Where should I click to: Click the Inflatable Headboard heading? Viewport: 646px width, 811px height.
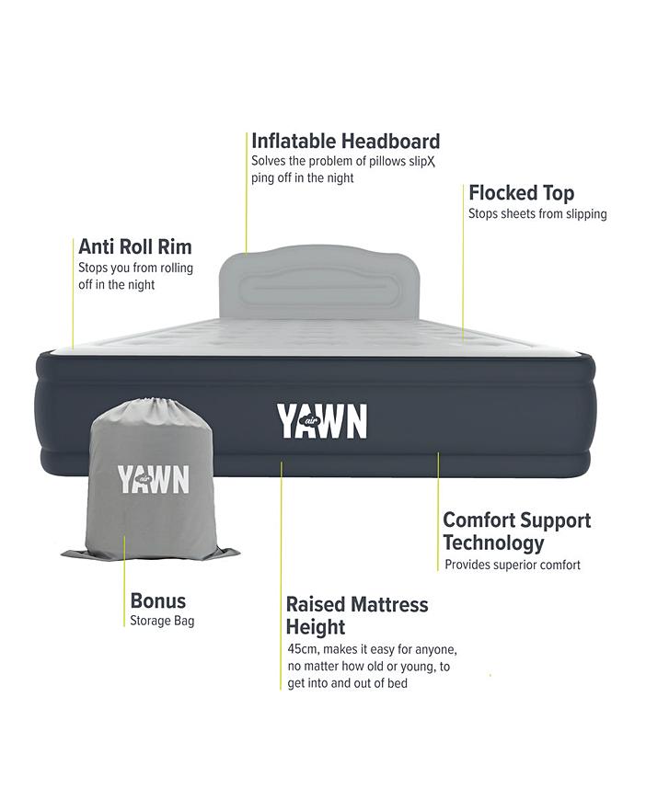[x=345, y=142]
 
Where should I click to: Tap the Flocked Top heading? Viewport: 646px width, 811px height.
[x=521, y=193]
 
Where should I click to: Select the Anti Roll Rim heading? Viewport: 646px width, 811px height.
[x=134, y=246]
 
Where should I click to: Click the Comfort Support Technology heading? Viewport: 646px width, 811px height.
[x=516, y=531]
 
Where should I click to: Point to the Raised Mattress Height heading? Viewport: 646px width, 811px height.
[x=357, y=616]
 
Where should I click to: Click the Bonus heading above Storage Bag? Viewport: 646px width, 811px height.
[x=157, y=601]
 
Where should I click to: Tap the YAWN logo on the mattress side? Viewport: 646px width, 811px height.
[x=322, y=421]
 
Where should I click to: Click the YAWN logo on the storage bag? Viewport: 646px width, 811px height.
[x=153, y=479]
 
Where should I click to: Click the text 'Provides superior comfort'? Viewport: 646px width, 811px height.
[x=513, y=565]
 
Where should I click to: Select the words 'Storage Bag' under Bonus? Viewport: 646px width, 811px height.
[x=162, y=621]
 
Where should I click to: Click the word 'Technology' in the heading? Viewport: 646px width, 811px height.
[x=493, y=543]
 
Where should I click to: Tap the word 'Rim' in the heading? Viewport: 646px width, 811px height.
[x=175, y=246]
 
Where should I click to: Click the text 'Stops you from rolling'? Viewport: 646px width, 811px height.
[x=135, y=268]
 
